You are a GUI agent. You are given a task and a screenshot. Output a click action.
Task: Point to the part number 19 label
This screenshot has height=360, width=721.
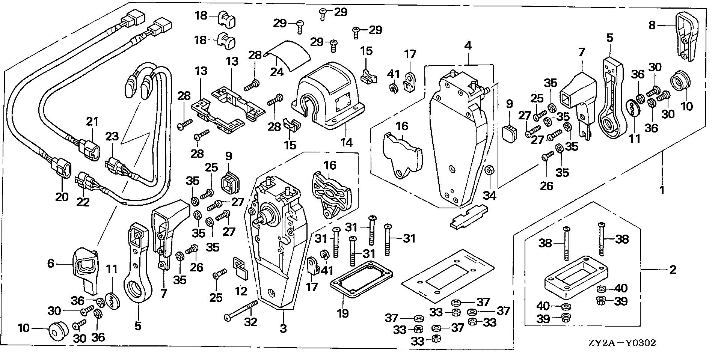point(343,313)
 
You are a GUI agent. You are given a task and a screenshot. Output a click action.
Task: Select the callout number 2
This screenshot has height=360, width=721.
point(672,269)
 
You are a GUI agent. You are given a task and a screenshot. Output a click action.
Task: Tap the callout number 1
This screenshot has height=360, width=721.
point(662,190)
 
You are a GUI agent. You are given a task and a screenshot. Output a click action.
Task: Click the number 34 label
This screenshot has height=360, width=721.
point(489,195)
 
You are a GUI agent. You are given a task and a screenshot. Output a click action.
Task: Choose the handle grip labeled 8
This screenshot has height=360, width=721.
point(685,36)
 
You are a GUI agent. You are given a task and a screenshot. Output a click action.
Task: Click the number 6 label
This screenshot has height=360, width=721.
point(51,264)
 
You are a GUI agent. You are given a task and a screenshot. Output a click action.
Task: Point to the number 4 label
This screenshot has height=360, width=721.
point(468,46)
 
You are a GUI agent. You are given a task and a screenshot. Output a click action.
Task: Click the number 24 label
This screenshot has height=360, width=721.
point(277,71)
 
